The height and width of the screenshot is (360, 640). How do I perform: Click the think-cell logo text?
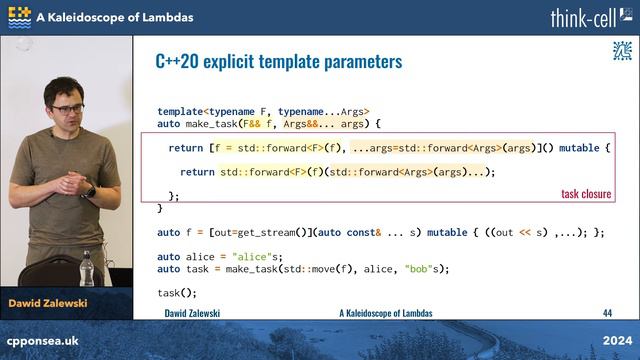pos(589,17)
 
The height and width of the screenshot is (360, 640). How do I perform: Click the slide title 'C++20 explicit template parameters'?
pos(278,62)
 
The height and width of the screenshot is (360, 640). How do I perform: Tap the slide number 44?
pos(606,313)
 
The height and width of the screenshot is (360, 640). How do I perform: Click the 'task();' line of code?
pos(177,292)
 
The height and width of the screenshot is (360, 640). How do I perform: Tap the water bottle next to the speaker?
pos(87,267)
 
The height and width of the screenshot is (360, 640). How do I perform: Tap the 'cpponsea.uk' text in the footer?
pos(43,341)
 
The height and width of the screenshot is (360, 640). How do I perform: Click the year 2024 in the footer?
pos(615,341)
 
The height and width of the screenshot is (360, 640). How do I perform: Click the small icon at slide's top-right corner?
pos(621,51)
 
